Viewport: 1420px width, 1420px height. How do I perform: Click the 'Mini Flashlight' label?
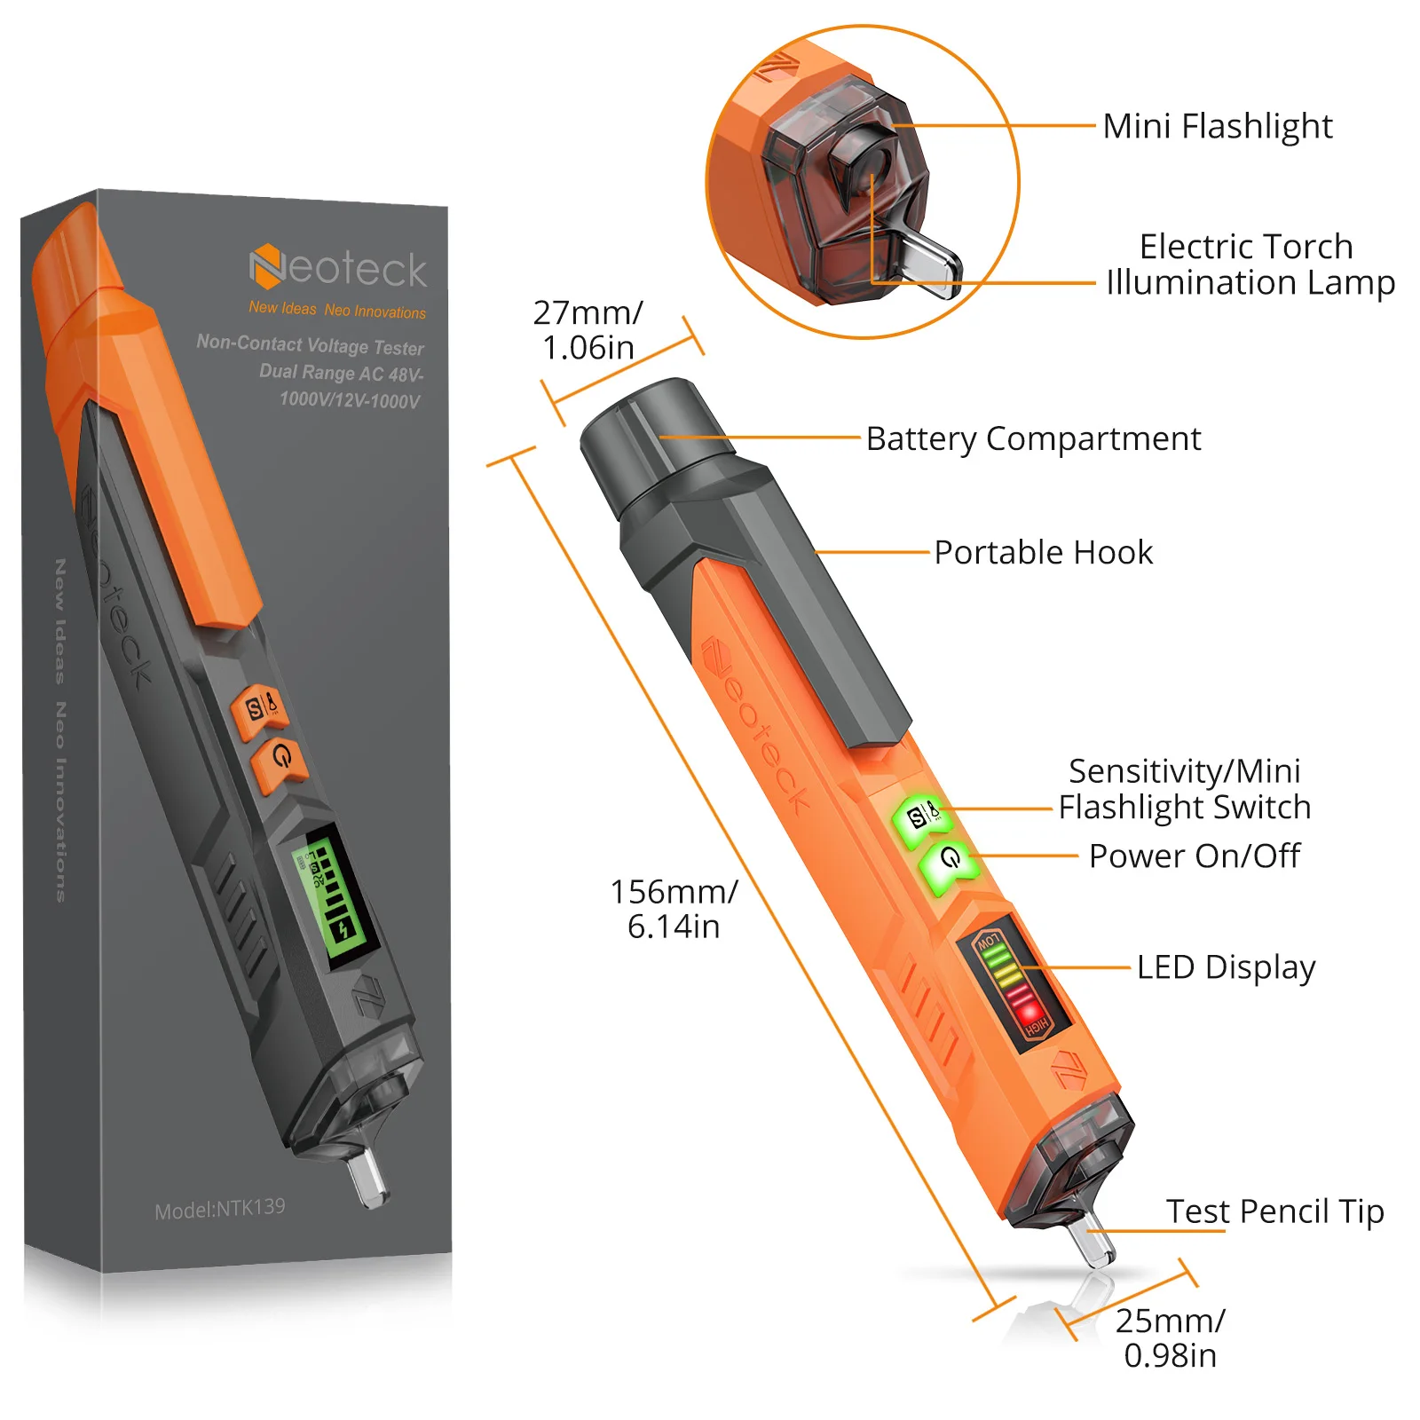point(1217,126)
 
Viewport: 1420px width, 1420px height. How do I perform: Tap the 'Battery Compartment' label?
point(1033,438)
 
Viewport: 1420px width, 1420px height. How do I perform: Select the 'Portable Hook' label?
point(1044,552)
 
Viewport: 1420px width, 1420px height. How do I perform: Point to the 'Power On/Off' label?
point(1194,856)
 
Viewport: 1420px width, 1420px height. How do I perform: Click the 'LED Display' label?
point(1226,967)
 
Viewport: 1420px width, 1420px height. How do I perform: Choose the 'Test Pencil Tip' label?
point(1274,1211)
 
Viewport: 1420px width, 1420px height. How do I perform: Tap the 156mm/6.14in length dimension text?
point(674,908)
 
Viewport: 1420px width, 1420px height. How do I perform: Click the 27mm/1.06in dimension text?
point(588,330)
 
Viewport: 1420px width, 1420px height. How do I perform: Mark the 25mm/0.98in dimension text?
point(1170,1337)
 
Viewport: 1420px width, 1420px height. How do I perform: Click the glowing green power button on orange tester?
point(950,863)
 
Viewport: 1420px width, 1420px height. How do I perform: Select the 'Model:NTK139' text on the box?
point(220,1209)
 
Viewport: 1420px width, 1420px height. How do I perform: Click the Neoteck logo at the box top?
point(338,268)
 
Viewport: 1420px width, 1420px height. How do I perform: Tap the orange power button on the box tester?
point(280,760)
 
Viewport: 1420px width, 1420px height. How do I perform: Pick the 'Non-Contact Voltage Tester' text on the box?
point(311,344)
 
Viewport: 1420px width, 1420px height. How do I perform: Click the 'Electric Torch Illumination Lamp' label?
point(1250,264)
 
